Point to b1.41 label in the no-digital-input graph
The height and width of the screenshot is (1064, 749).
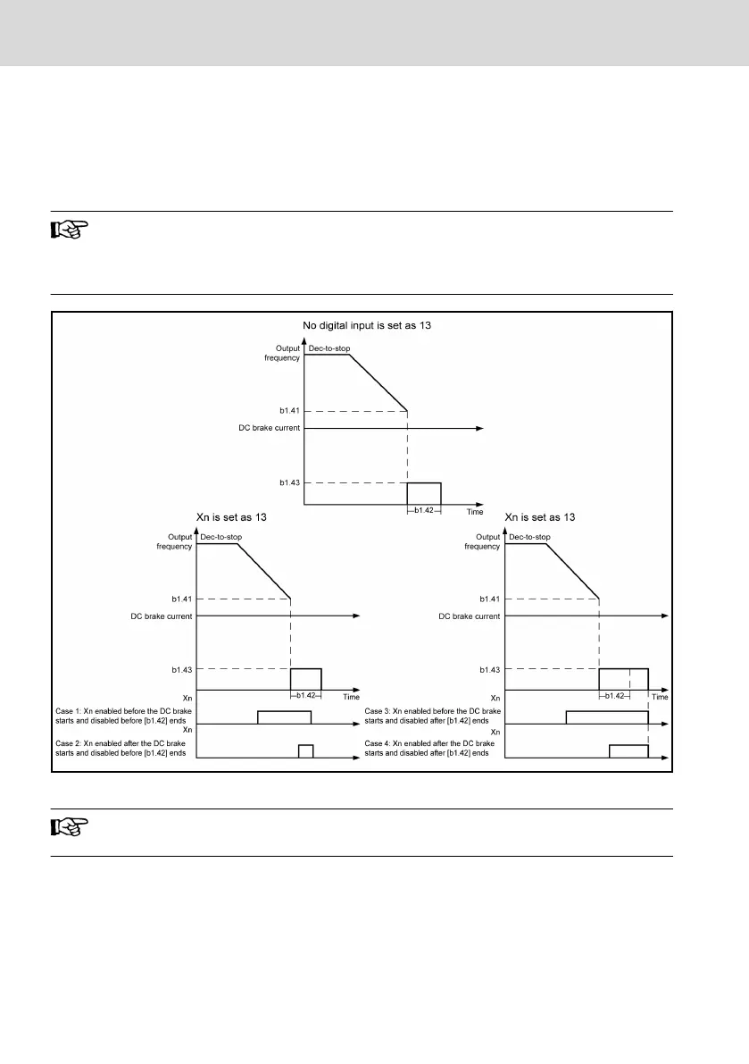coord(289,410)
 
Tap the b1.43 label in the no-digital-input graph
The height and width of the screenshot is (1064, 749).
coord(289,482)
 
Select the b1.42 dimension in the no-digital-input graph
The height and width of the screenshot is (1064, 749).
coord(424,511)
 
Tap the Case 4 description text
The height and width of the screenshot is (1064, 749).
coord(429,749)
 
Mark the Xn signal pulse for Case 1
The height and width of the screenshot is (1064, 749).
coord(284,716)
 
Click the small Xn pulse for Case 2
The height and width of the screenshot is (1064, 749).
coord(306,750)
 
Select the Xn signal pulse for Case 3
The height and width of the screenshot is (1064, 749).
coord(607,716)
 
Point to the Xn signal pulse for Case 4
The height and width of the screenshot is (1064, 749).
coord(628,750)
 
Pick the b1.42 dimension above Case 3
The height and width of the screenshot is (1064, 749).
coord(613,695)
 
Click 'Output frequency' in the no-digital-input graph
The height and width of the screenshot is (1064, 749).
coord(281,352)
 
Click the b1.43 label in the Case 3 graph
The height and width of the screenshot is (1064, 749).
coord(489,668)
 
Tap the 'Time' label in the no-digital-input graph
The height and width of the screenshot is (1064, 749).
coord(474,512)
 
